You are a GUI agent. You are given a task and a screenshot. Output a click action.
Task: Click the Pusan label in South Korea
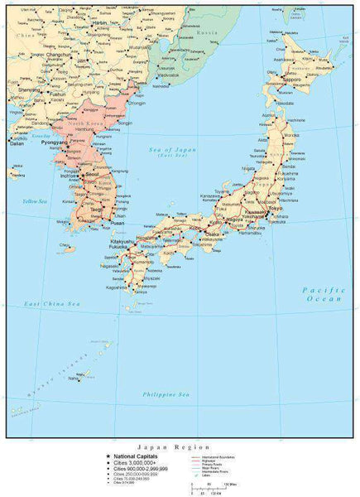click(x=118, y=223)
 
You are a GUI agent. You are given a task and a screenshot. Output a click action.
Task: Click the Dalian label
click(x=16, y=142)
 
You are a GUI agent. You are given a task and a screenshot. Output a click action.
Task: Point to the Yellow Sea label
click(x=36, y=202)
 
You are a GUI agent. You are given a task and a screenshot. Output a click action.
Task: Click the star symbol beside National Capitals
click(x=106, y=455)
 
